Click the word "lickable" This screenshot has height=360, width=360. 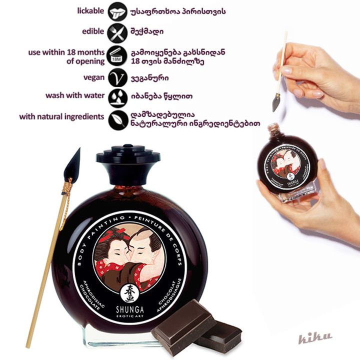click(x=91, y=10)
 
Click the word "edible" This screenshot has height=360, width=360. click(x=93, y=31)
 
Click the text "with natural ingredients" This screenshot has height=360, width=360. click(x=62, y=117)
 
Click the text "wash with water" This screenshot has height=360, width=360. click(x=75, y=95)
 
